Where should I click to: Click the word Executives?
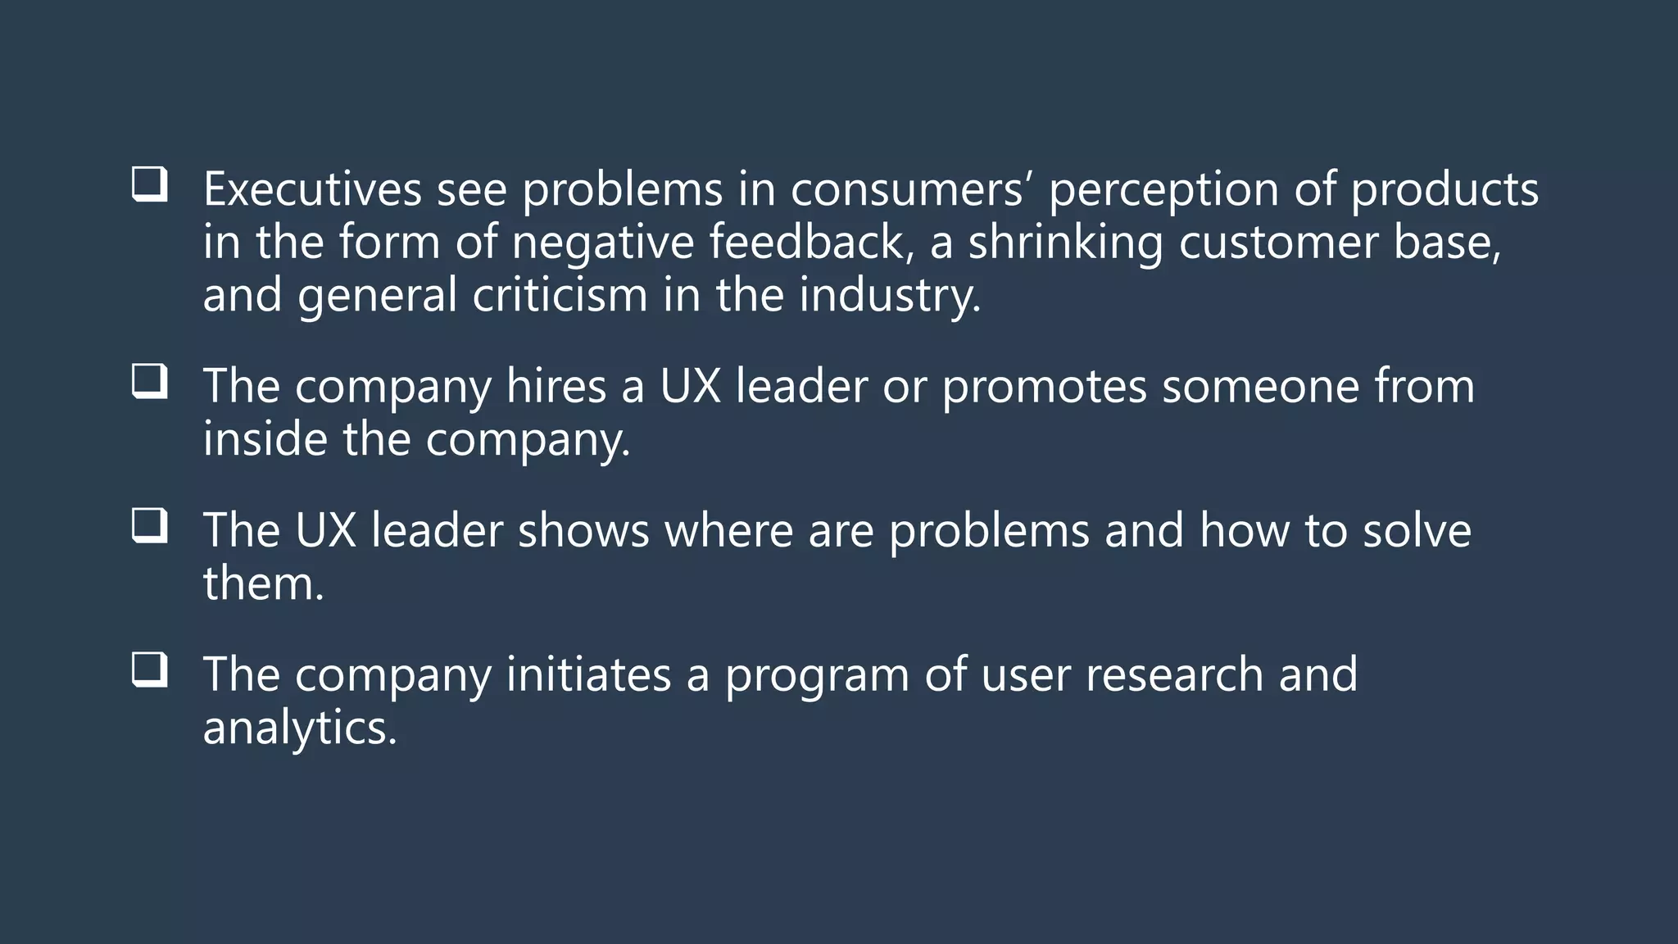312,189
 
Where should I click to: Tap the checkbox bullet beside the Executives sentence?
149,184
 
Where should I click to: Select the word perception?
1163,191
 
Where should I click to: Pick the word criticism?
560,295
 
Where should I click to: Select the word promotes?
1044,388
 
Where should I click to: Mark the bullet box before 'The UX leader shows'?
149,525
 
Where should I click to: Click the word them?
263,583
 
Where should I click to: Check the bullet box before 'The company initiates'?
149,669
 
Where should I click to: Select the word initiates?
588,674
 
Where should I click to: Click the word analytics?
299,728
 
